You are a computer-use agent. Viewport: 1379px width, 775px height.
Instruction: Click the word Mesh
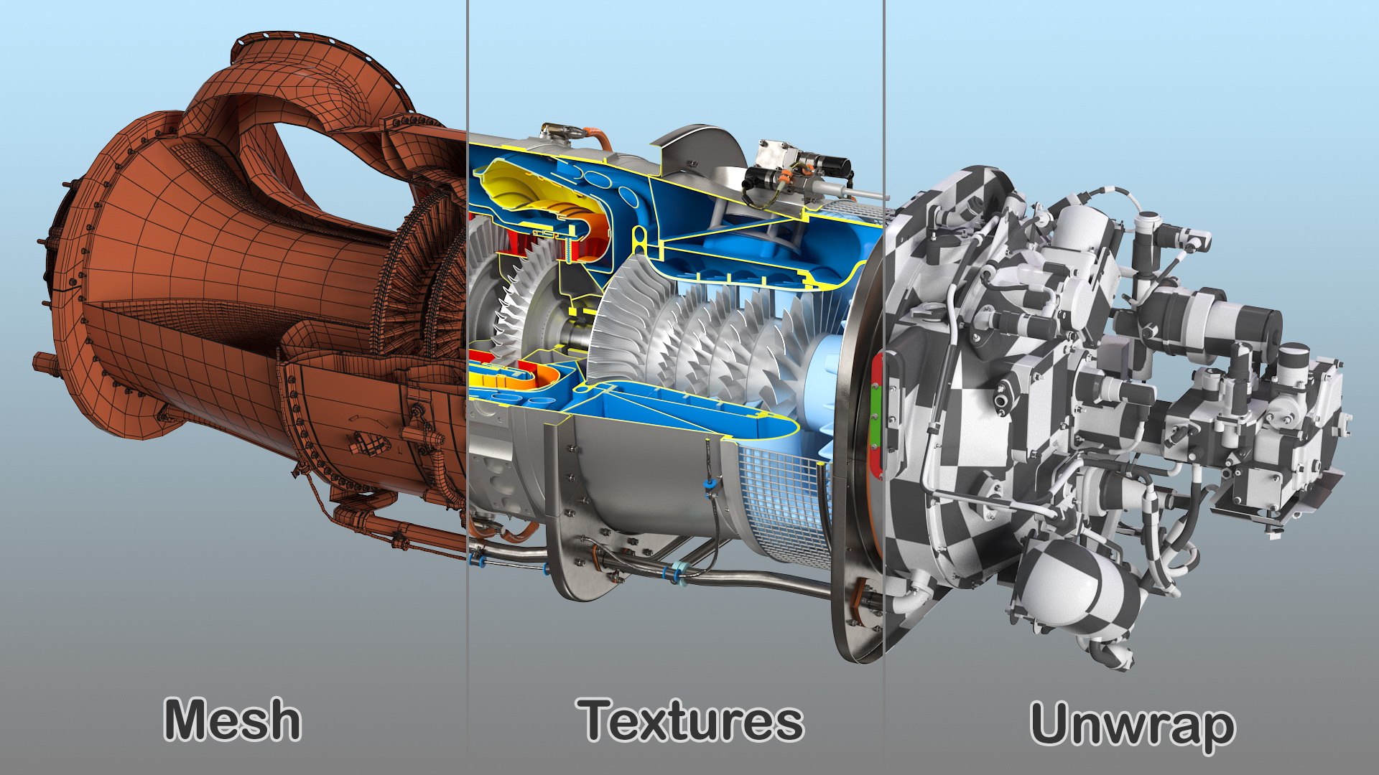pyautogui.click(x=232, y=720)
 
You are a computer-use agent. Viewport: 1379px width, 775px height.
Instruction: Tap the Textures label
pyautogui.click(x=692, y=720)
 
